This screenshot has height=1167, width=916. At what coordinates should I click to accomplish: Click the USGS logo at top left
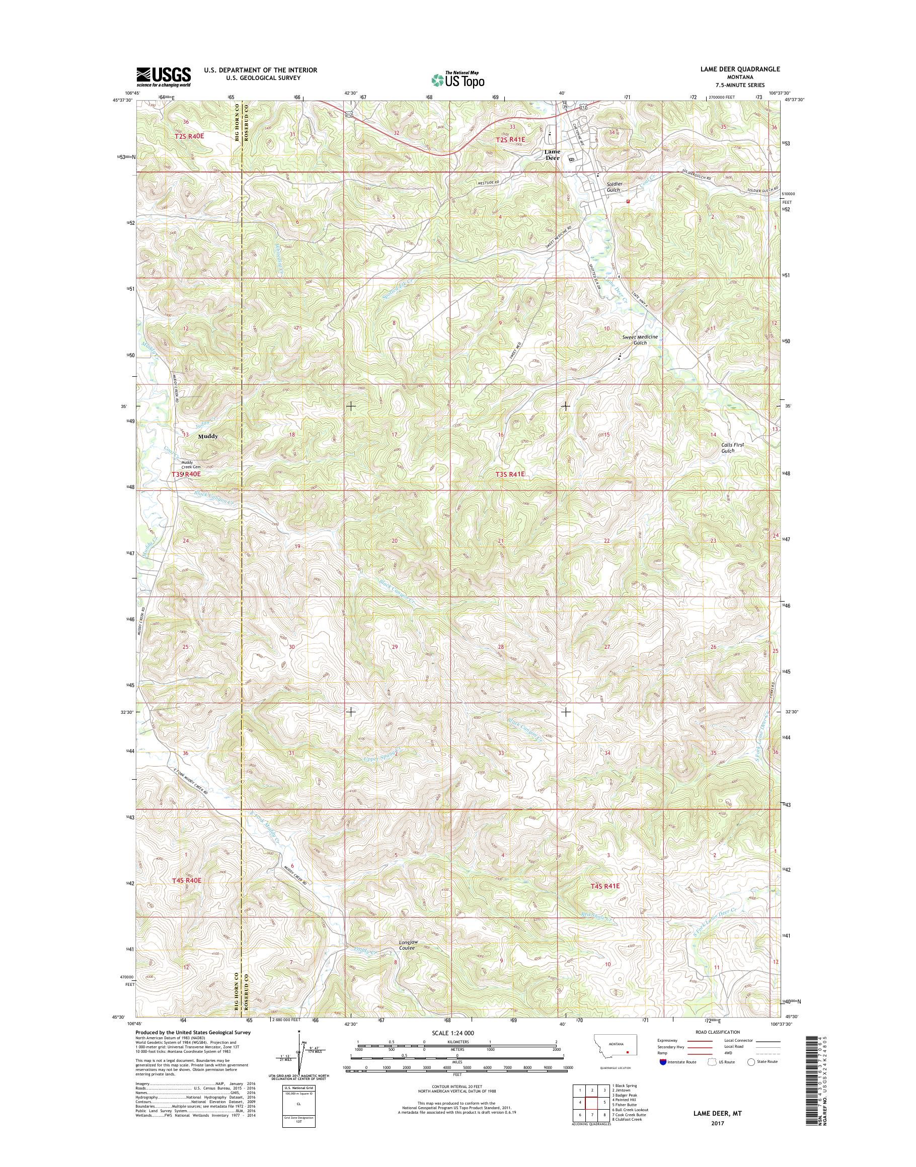pyautogui.click(x=164, y=76)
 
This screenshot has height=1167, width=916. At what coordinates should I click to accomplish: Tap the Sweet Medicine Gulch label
pyautogui.click(x=640, y=340)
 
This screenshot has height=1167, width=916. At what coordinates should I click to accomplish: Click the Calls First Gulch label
pyautogui.click(x=732, y=448)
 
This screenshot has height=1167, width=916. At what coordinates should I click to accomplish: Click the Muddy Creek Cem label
pyautogui.click(x=187, y=465)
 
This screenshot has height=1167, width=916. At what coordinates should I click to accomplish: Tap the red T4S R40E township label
pyautogui.click(x=187, y=880)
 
